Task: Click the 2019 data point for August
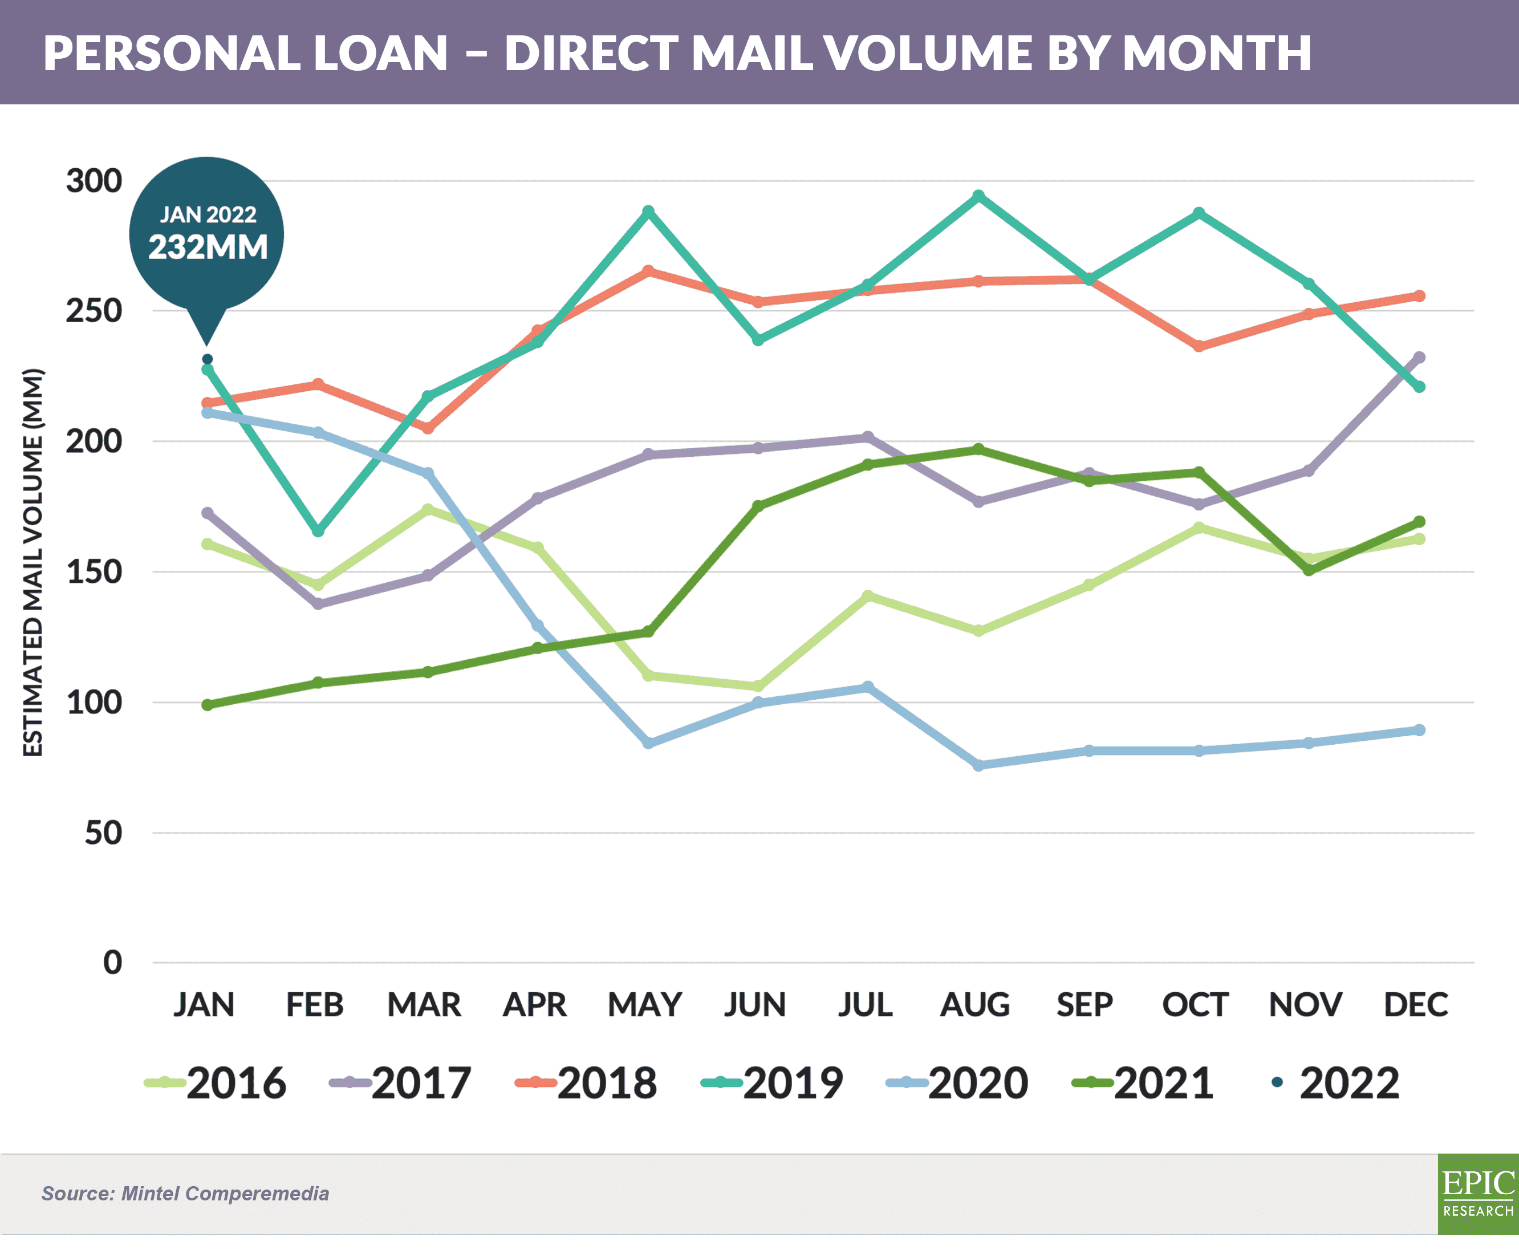[978, 196]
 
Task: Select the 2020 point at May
[648, 743]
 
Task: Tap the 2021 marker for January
[208, 705]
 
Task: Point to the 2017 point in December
[1419, 358]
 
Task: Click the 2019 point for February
[318, 531]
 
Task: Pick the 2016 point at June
[758, 686]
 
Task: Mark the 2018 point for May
[648, 271]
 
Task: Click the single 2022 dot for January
[208, 359]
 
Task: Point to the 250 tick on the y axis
[94, 311]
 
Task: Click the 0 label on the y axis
[112, 963]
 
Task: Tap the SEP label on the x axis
[1085, 1005]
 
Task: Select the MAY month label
[644, 1005]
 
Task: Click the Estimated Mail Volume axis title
[33, 563]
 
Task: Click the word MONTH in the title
[1217, 53]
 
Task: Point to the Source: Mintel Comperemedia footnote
[185, 1194]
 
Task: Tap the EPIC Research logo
[1478, 1194]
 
